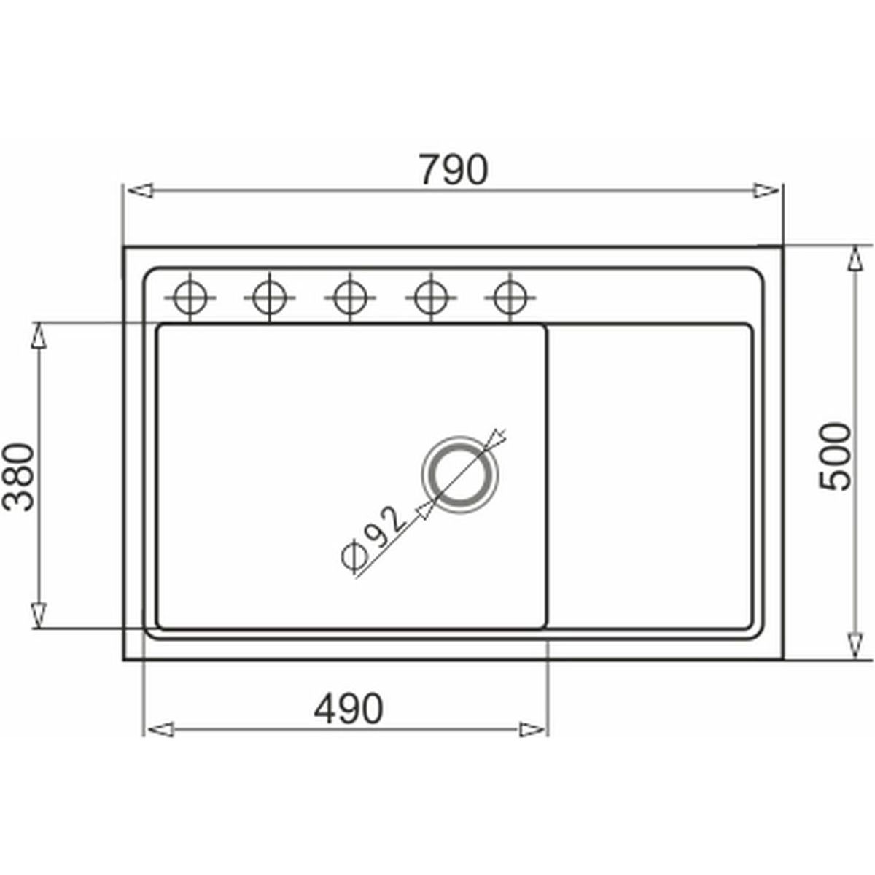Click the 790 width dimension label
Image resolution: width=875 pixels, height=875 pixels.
pyautogui.click(x=453, y=170)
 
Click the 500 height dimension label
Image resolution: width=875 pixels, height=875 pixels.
pyautogui.click(x=833, y=456)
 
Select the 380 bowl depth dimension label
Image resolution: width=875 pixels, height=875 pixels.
pyautogui.click(x=19, y=477)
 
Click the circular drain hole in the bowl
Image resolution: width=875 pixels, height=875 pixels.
pyautogui.click(x=459, y=475)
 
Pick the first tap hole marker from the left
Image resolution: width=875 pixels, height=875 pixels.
pyautogui.click(x=190, y=298)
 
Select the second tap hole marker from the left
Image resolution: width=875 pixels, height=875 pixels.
pyautogui.click(x=269, y=298)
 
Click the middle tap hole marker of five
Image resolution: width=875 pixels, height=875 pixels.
pyautogui.click(x=350, y=298)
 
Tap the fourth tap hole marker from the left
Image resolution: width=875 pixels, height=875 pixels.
pyautogui.click(x=430, y=298)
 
